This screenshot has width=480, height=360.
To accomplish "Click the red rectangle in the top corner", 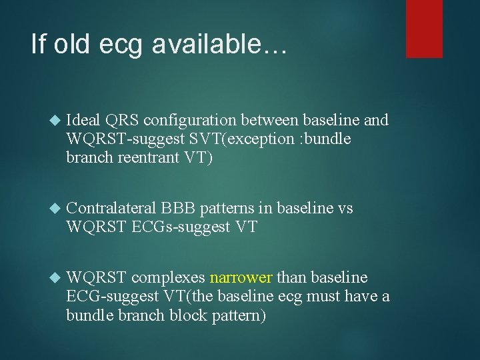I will (424, 28).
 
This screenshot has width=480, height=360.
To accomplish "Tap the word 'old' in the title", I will (73, 44).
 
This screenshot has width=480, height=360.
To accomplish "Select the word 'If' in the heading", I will (39, 44).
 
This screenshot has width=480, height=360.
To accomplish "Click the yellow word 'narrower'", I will (241, 277).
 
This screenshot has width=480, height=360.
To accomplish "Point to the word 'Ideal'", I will (83, 120).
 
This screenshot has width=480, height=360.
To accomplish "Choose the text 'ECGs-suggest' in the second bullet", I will (167, 227).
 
